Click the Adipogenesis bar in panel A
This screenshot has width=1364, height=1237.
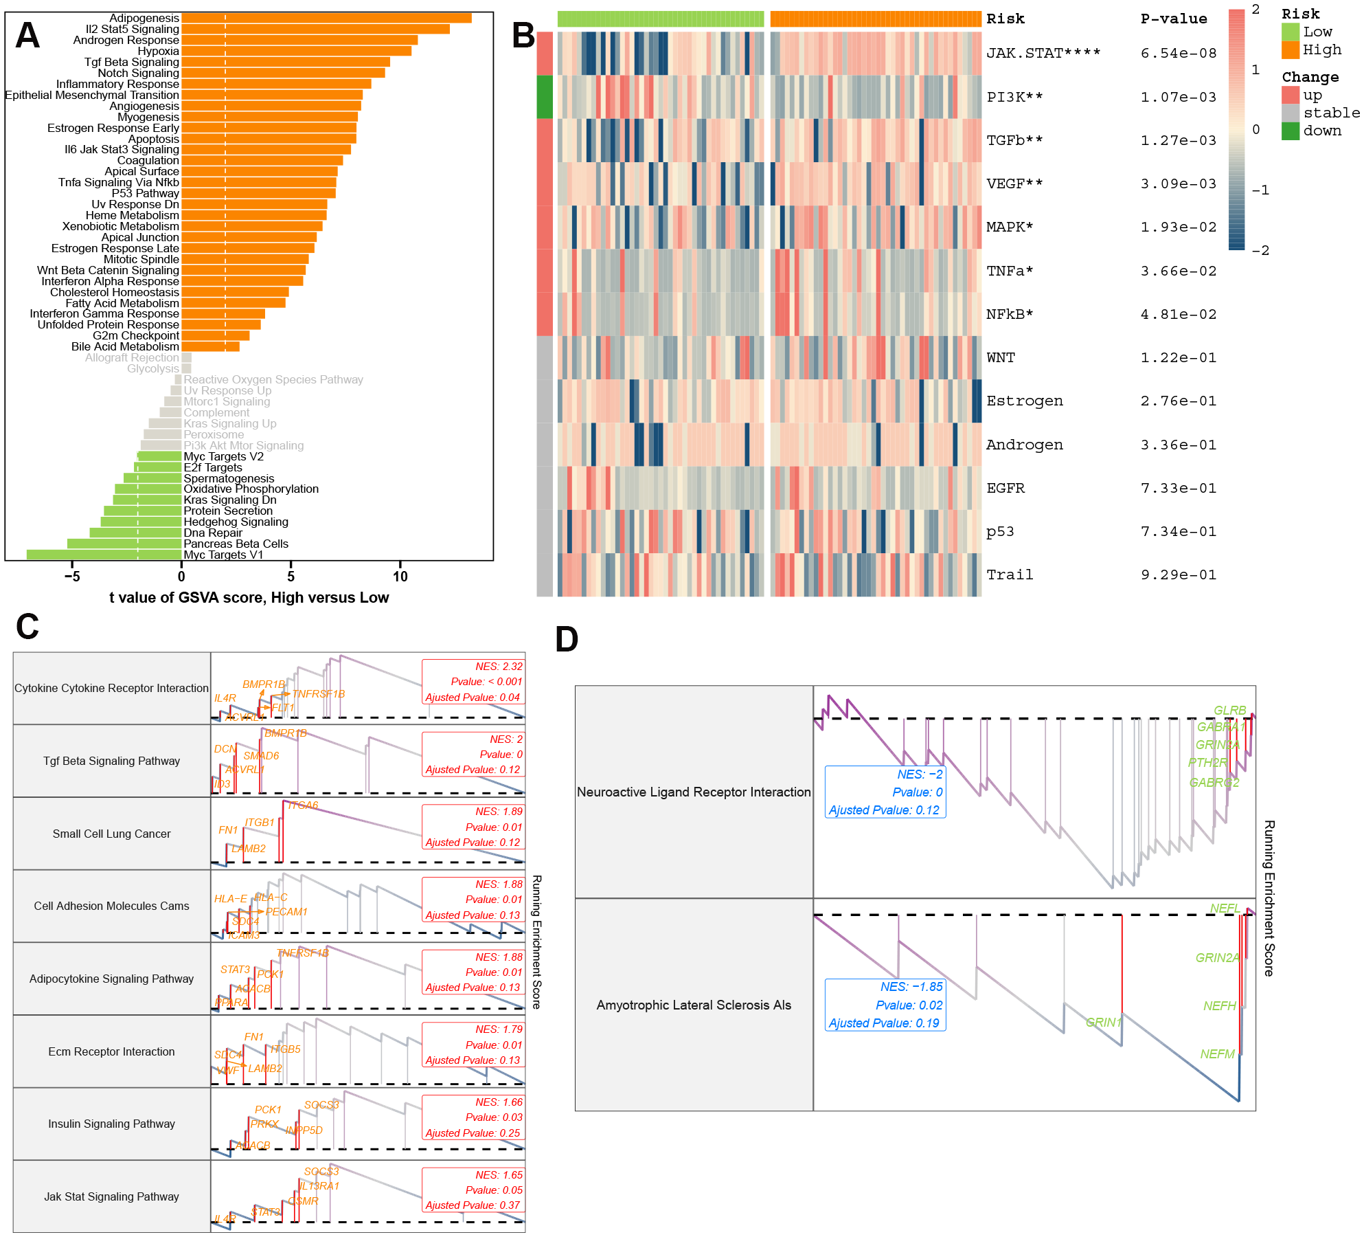click(326, 18)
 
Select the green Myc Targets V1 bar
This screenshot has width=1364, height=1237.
click(103, 555)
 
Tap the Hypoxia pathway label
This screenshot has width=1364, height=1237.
click(158, 51)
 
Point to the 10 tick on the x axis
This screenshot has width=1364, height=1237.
click(400, 577)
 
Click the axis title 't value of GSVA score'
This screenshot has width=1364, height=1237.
click(249, 597)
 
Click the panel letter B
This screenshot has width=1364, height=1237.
click(523, 36)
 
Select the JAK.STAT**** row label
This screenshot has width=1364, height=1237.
click(1043, 53)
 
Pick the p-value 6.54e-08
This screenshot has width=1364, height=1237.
click(1178, 53)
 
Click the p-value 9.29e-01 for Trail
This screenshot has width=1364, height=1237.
click(1178, 575)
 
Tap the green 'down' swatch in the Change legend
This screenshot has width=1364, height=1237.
click(1290, 131)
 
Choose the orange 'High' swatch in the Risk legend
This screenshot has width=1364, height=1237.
click(1290, 49)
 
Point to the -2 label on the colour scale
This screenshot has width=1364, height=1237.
click(1260, 251)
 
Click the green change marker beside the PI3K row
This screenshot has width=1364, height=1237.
click(544, 96)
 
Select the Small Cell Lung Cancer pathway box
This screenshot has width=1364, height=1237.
click(111, 834)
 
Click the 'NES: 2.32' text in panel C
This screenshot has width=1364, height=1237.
click(499, 667)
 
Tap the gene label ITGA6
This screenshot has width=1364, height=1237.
click(303, 805)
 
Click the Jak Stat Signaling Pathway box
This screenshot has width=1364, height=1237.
click(111, 1196)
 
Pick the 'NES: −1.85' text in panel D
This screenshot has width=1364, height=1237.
click(911, 987)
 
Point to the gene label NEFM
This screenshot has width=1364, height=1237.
click(1217, 1054)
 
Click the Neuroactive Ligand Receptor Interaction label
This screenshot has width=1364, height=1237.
click(694, 792)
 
